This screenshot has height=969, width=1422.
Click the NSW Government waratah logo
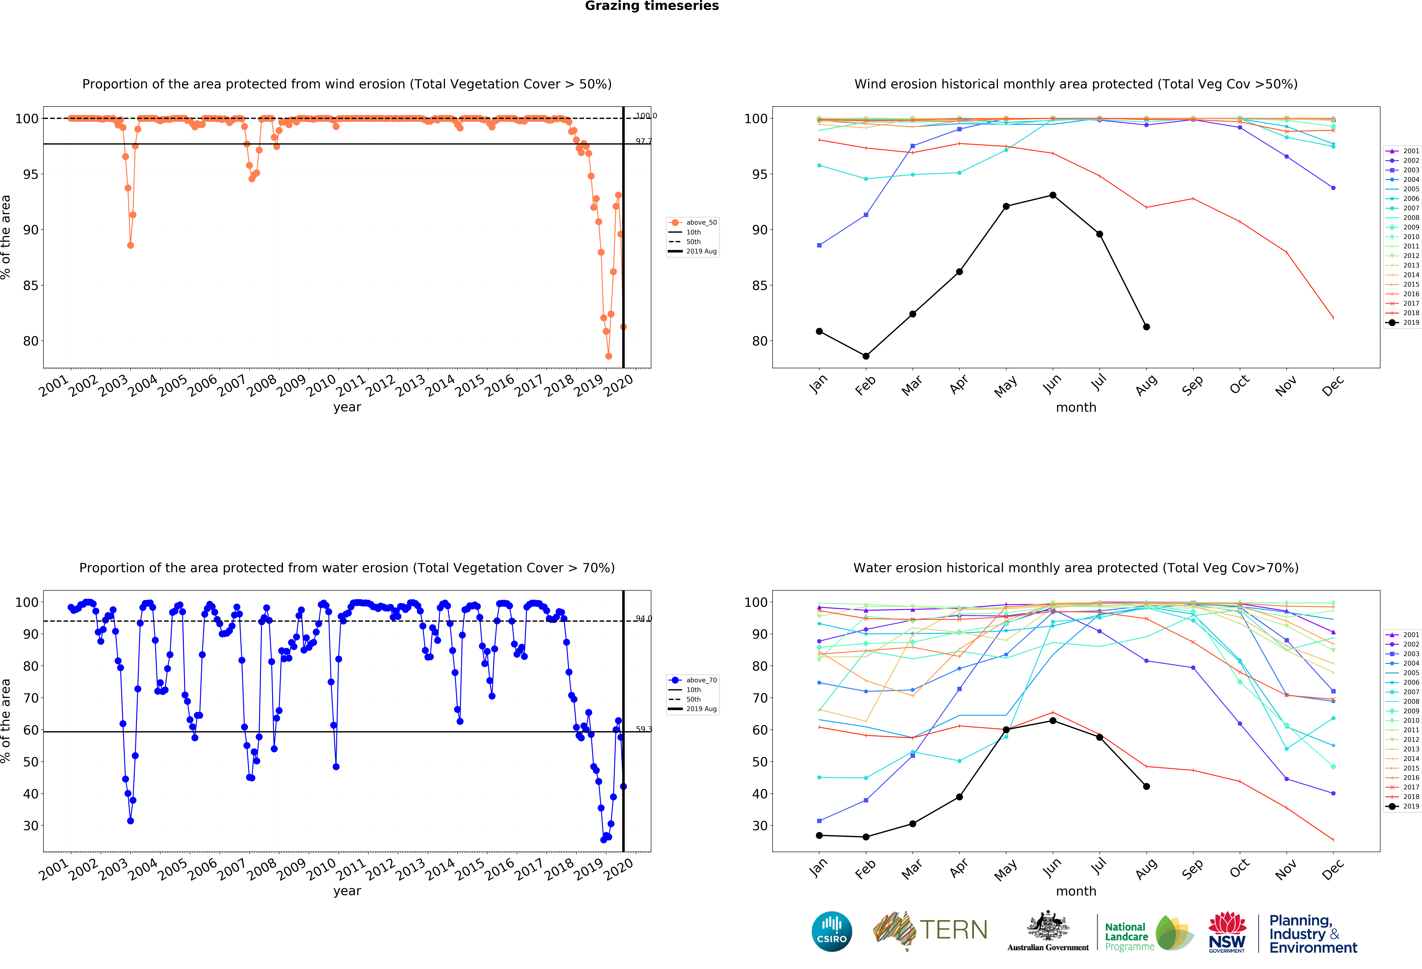click(x=1227, y=932)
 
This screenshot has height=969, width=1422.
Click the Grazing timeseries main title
click(x=652, y=6)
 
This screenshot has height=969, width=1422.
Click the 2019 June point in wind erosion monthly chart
click(x=1052, y=195)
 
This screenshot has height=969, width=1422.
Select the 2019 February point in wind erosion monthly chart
click(x=866, y=356)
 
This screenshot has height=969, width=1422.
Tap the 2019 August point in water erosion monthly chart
click(x=1146, y=786)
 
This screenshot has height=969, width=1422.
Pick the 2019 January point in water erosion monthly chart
click(x=819, y=835)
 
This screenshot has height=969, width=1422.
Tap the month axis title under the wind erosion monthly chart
click(x=1076, y=407)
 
